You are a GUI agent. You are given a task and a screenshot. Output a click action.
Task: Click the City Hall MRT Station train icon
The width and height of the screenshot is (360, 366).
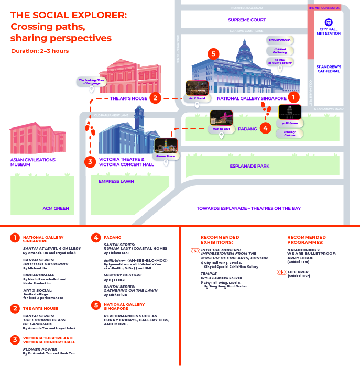[x=329, y=23]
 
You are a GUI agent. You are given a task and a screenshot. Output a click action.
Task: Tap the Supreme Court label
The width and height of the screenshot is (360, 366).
[x=247, y=20]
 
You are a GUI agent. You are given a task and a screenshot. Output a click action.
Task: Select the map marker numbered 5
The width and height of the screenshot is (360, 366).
[x=212, y=54]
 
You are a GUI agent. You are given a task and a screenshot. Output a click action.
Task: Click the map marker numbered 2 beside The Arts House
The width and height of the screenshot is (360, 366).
[x=155, y=97]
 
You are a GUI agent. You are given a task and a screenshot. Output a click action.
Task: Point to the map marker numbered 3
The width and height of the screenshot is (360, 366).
[x=90, y=162]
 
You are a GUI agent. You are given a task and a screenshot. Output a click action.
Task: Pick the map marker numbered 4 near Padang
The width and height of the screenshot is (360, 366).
[x=266, y=127]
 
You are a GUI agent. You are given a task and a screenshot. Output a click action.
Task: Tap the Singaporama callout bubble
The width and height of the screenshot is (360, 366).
[x=279, y=40]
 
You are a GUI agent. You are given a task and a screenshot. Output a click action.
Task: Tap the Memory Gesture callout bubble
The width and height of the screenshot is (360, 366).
[x=290, y=134]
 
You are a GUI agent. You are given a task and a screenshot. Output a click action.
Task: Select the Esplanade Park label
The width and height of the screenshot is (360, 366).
[x=249, y=166]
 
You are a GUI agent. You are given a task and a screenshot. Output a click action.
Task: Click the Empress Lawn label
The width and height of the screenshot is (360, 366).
[x=116, y=182]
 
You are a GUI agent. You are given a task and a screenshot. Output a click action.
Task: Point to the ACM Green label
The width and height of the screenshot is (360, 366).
[x=56, y=208]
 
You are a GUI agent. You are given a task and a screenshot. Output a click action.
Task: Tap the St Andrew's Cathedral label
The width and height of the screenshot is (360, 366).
[x=329, y=69]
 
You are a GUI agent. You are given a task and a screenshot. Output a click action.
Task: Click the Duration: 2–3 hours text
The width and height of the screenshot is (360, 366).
[x=40, y=51]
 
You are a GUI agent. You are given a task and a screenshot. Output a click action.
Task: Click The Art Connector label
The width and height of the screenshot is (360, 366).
[x=324, y=8]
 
